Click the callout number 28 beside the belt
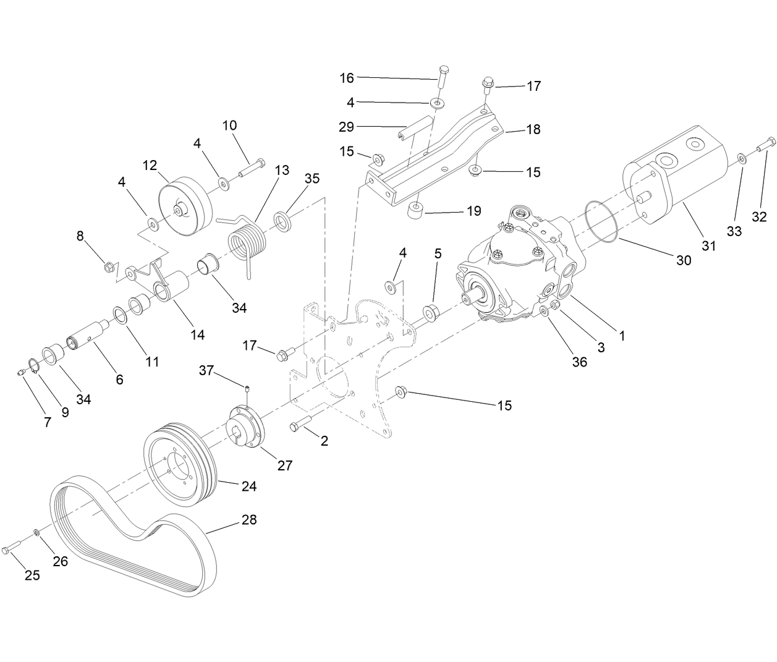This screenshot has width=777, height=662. click(248, 519)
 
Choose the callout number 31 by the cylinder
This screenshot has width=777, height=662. click(708, 245)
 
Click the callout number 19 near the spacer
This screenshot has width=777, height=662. click(473, 211)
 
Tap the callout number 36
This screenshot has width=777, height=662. click(579, 362)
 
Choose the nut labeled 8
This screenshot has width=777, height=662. click(108, 268)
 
